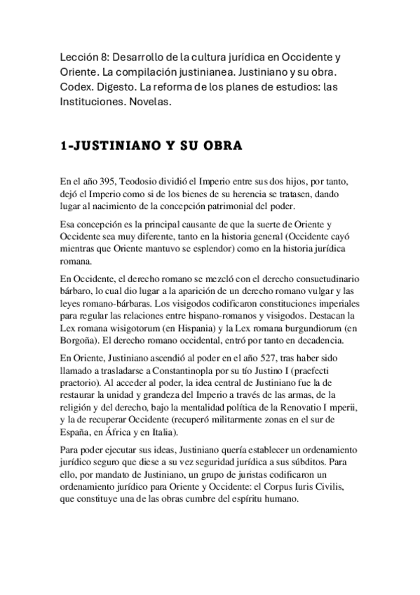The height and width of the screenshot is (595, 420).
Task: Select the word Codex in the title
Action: pyautogui.click(x=76, y=87)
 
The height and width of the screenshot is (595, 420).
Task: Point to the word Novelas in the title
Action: pyautogui.click(x=151, y=102)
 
